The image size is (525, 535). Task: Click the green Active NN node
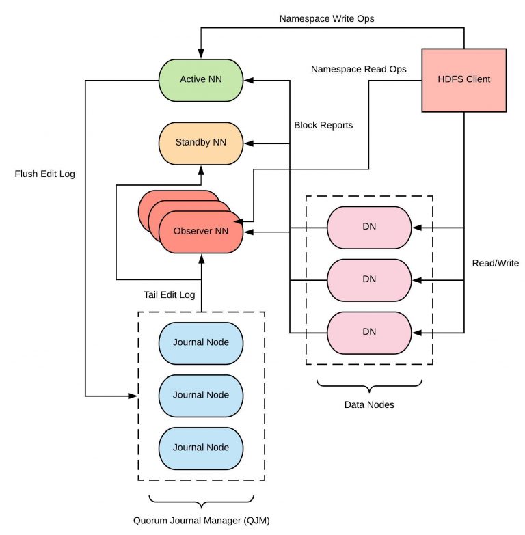(201, 79)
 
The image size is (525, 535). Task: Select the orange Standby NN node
(201, 143)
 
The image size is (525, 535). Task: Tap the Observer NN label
(201, 231)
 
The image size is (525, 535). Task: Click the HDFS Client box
(464, 79)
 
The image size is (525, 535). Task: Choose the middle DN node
(369, 279)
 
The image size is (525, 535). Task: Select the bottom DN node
(369, 332)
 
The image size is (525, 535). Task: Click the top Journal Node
(201, 342)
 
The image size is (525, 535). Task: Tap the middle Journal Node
(201, 395)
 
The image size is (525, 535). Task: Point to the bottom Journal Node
(201, 448)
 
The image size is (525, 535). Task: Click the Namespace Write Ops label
(326, 18)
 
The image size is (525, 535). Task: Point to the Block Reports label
(323, 126)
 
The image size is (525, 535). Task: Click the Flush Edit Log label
(44, 174)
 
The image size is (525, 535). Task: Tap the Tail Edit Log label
(170, 296)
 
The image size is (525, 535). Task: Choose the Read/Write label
(496, 264)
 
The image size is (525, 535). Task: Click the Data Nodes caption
(369, 405)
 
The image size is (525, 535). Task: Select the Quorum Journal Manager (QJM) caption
(201, 521)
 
